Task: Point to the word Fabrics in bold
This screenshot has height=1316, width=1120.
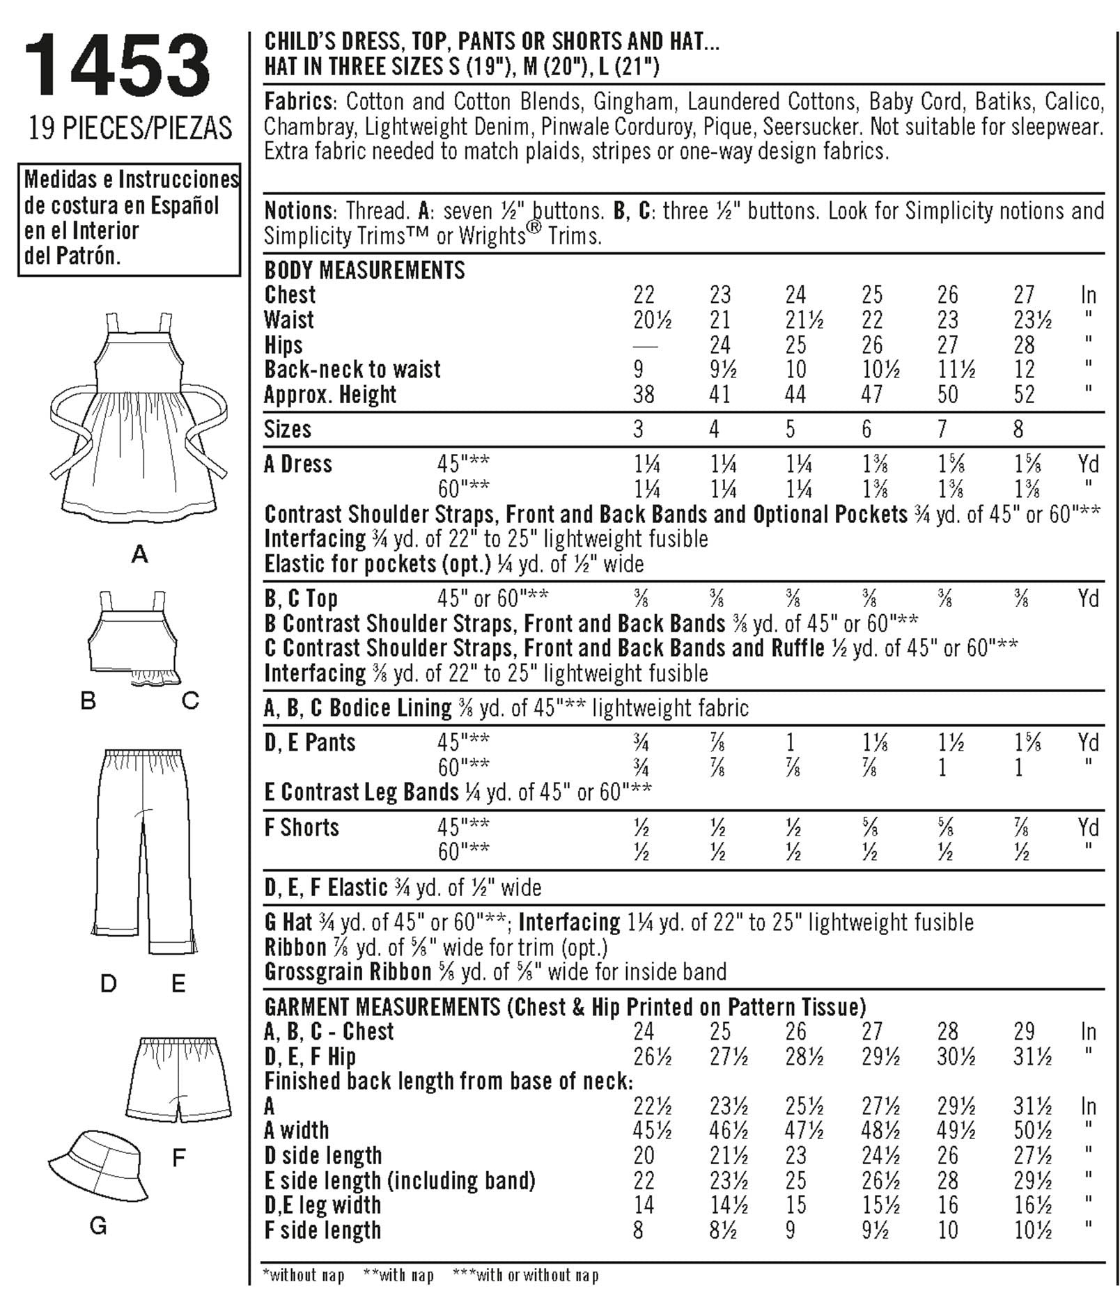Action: pos(298,102)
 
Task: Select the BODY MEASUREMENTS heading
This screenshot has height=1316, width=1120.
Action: pos(364,269)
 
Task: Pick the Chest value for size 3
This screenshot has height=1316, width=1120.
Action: pos(644,295)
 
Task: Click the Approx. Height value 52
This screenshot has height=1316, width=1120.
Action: pos(1024,395)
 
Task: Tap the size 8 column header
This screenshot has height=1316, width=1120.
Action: pos(1018,429)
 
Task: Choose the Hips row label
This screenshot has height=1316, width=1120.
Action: pos(283,345)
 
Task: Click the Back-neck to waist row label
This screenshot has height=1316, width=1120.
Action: pos(352,369)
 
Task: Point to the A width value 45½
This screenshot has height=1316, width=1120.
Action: pos(653,1130)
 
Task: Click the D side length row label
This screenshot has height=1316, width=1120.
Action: pos(323,1155)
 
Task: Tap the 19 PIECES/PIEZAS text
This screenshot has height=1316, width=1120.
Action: pos(130,128)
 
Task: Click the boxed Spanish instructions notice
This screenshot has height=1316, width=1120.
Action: pos(130,218)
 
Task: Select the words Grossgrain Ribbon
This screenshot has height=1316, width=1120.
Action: pos(348,971)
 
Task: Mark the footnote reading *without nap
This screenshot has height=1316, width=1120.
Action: pos(304,1275)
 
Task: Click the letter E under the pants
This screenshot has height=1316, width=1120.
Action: pos(178,983)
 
